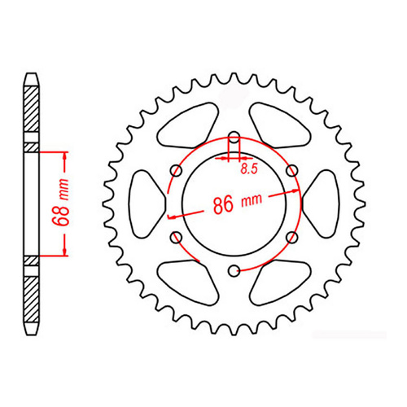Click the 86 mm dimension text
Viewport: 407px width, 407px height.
point(236,204)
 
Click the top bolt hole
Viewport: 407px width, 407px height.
point(234,137)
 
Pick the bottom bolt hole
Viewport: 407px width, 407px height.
point(234,269)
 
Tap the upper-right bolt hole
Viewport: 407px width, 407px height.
point(291,170)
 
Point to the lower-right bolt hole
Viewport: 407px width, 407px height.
point(291,236)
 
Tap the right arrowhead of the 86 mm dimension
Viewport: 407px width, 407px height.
point(299,192)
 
